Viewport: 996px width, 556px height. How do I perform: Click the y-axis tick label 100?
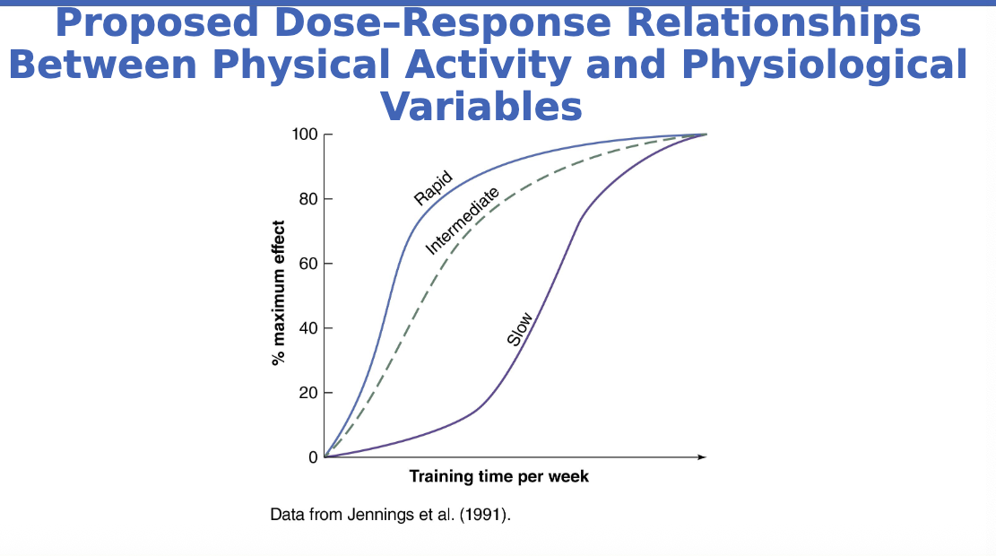pyautogui.click(x=305, y=135)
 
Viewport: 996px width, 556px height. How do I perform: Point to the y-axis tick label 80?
pyautogui.click(x=308, y=199)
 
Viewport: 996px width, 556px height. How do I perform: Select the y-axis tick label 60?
pyautogui.click(x=308, y=264)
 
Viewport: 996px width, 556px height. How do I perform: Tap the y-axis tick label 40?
pyautogui.click(x=308, y=328)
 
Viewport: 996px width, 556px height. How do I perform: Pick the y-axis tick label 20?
pyautogui.click(x=308, y=393)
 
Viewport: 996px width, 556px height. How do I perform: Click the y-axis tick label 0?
pyautogui.click(x=313, y=457)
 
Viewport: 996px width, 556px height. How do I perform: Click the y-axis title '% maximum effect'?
pyautogui.click(x=279, y=293)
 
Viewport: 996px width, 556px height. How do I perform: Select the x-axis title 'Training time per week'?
pyautogui.click(x=499, y=476)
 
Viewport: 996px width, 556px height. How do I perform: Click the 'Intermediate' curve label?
pyautogui.click(x=462, y=220)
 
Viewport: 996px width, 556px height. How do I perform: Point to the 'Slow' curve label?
pyautogui.click(x=520, y=329)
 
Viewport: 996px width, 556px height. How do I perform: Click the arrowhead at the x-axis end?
pyautogui.click(x=702, y=457)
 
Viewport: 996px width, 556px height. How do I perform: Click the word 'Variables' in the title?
pyautogui.click(x=481, y=107)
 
